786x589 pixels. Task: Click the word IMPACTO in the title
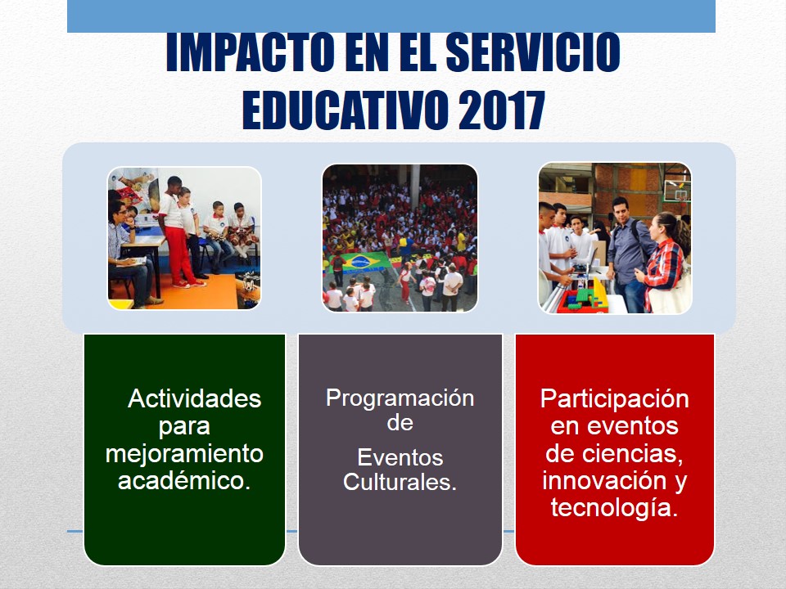click(251, 52)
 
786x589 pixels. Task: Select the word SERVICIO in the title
click(532, 52)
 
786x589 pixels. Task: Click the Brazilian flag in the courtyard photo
click(361, 262)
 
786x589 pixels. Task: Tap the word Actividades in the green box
click(195, 399)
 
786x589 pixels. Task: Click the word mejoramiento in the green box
click(184, 454)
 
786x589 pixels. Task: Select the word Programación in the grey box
click(400, 399)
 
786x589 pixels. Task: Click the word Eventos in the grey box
click(400, 457)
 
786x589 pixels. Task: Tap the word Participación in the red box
click(615, 400)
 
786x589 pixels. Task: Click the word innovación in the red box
click(604, 480)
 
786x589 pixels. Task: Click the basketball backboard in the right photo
click(677, 191)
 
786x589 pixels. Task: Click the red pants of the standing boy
click(180, 255)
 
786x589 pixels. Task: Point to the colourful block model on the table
click(585, 298)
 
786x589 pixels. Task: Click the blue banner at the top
click(391, 16)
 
